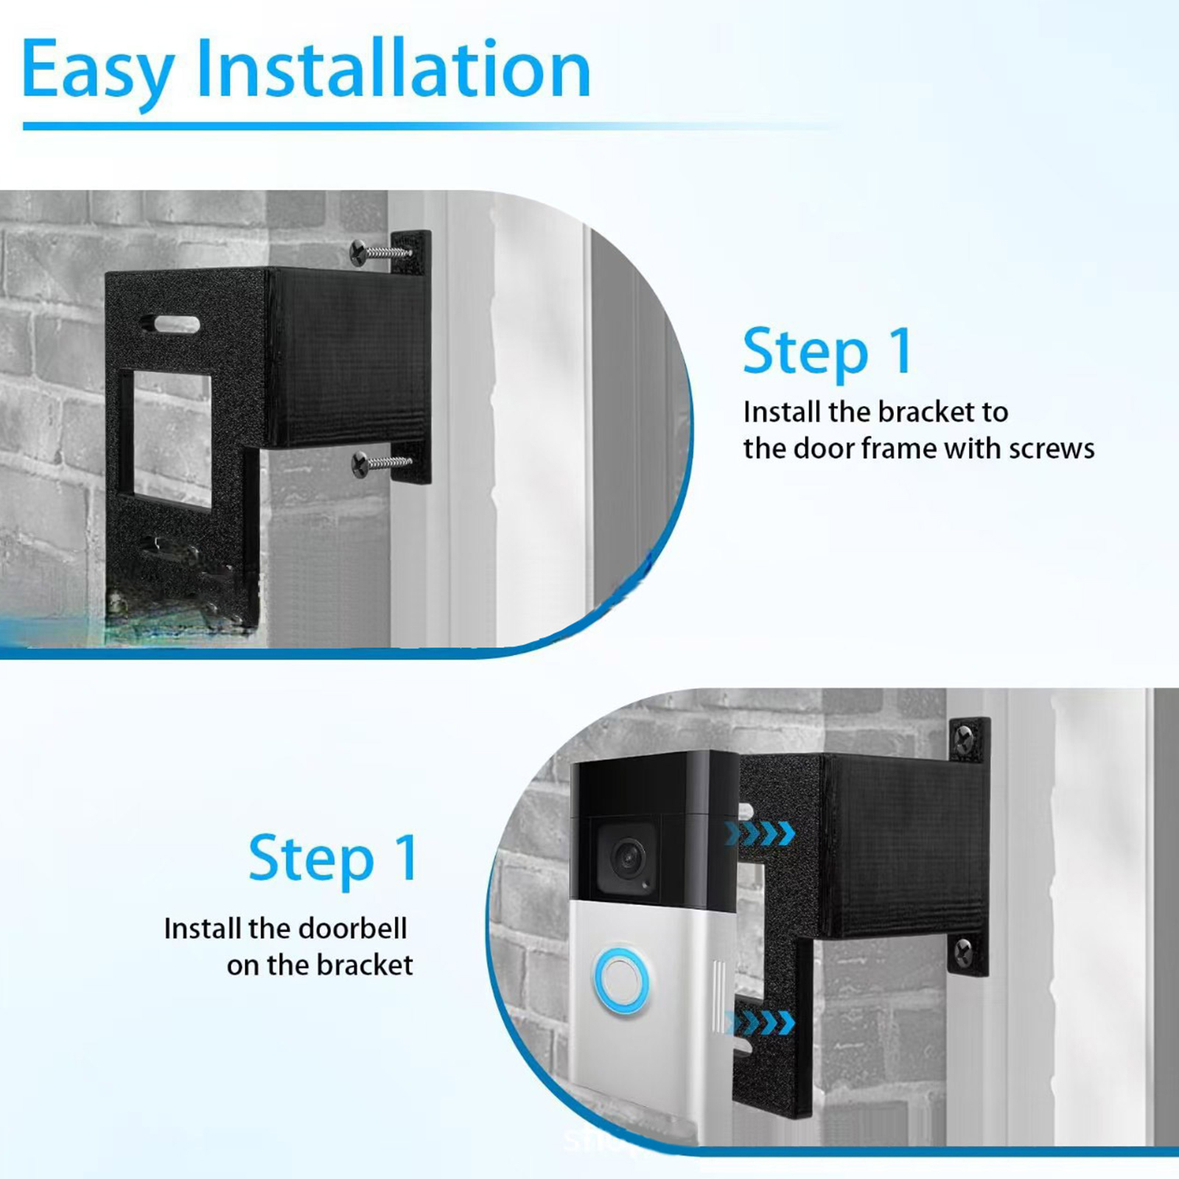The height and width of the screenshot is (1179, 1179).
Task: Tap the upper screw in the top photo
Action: (382, 252)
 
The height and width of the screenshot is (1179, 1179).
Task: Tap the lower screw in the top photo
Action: (382, 464)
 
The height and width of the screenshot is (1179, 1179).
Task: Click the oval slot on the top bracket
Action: (170, 324)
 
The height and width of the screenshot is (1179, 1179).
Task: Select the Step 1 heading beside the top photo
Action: (828, 352)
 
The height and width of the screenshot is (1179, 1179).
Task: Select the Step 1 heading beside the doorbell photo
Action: (333, 858)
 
